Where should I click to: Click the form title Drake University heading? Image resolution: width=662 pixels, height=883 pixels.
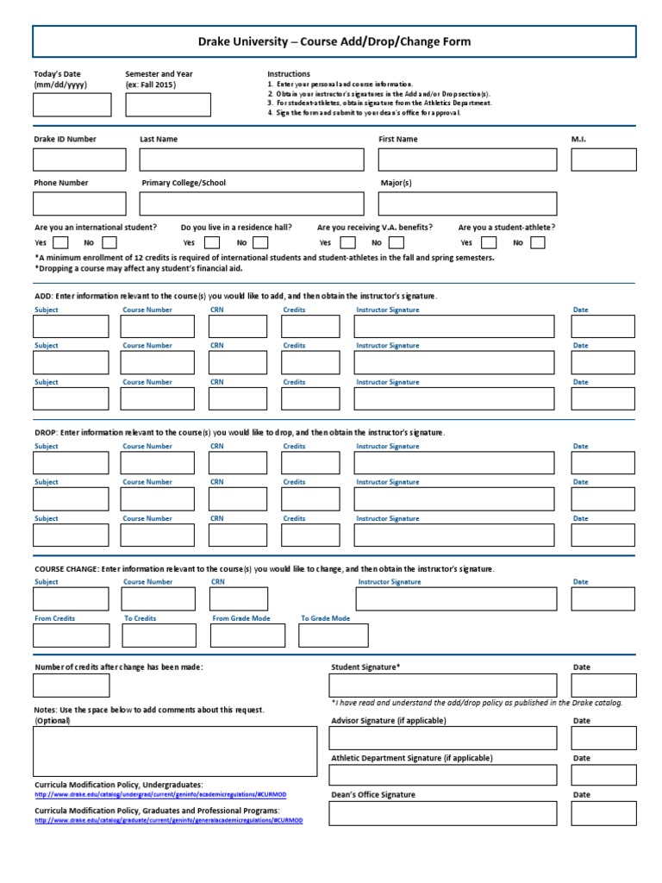coord(334,41)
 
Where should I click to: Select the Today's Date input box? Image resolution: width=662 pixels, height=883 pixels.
coord(72,104)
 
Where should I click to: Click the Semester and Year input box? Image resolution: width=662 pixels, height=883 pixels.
coord(167,104)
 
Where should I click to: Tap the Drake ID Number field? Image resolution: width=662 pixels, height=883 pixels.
coord(78,160)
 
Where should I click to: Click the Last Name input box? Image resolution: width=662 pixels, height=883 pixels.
coord(251,160)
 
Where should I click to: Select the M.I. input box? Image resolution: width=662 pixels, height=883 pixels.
coord(603,160)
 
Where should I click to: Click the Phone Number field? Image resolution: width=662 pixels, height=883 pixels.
coord(78,204)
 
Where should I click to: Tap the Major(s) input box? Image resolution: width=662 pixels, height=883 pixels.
coord(467,204)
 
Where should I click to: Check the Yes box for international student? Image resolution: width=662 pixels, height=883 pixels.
coord(60,242)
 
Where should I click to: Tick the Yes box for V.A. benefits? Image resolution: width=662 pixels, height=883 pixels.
coord(348,242)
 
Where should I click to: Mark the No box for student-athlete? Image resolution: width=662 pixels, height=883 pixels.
coord(538,242)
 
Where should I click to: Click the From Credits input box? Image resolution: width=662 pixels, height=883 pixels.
coord(72,636)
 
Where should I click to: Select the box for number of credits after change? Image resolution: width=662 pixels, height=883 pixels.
coord(72,686)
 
